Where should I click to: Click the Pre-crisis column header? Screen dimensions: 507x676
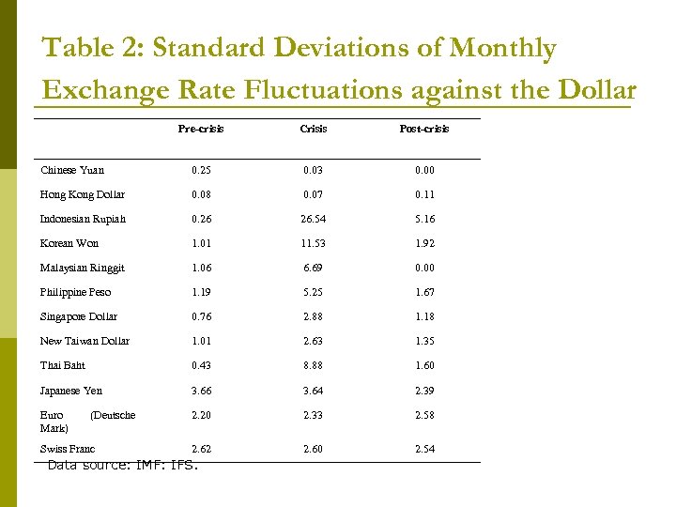coord(201,129)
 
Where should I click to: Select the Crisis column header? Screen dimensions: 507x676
coord(314,129)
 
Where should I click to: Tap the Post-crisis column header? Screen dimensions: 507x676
coord(424,129)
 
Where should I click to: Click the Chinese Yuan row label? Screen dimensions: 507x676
coord(72,170)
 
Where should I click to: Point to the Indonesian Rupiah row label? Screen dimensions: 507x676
coord(83,219)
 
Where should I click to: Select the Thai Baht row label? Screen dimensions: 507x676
coord(63,365)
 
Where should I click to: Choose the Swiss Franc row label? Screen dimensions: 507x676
coord(68,449)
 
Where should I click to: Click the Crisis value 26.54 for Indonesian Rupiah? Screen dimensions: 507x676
coord(314,219)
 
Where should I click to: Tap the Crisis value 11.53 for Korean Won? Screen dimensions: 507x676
coord(314,243)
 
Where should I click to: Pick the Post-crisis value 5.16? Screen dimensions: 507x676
coord(424,219)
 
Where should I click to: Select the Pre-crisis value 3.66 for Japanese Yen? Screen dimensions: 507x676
coord(201,391)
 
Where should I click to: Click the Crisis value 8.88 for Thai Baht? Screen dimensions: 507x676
coord(314,365)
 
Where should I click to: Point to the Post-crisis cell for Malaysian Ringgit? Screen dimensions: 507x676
coord(424,268)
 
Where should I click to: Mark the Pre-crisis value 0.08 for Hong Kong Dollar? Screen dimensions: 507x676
coord(201,194)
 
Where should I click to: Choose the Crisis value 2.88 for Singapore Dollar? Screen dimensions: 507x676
coord(314,316)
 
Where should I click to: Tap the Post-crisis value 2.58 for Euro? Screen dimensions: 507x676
coord(424,415)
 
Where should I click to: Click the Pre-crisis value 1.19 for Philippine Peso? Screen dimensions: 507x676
coord(201,292)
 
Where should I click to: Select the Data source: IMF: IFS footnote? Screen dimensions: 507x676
coord(123,465)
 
